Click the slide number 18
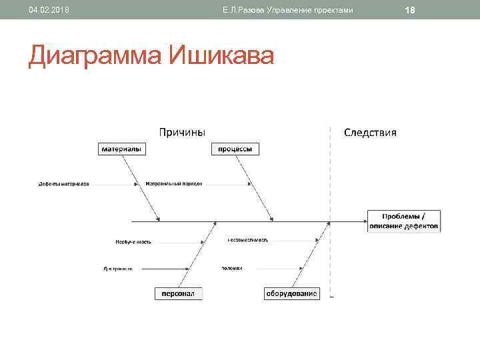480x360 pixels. [x=410, y=10]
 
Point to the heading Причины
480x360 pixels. [x=181, y=132]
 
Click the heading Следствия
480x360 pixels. [x=370, y=132]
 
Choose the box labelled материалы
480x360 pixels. [x=120, y=149]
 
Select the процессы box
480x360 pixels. [x=235, y=149]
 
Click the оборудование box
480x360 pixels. [x=292, y=293]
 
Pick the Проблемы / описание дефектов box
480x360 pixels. [x=403, y=221]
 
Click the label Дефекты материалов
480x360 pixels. [x=63, y=183]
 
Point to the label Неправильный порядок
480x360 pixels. [x=173, y=183]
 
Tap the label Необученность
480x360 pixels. [x=133, y=241]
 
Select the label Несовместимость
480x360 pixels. [x=247, y=239]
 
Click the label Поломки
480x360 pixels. [x=232, y=268]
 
